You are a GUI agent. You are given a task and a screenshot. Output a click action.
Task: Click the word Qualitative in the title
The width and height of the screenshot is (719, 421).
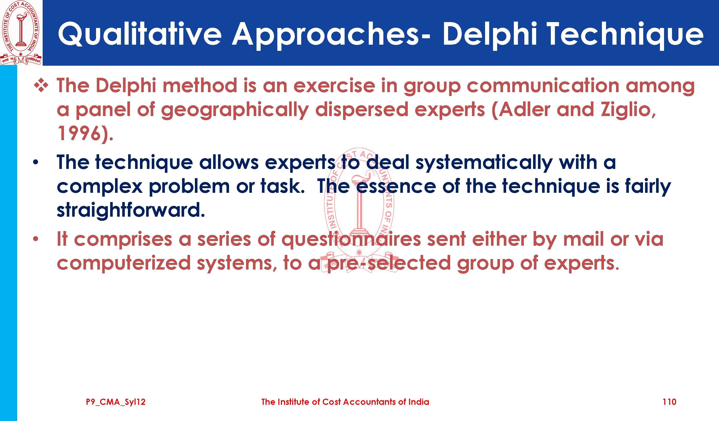click(140, 34)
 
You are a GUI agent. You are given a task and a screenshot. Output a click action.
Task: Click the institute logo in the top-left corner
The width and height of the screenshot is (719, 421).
click(21, 33)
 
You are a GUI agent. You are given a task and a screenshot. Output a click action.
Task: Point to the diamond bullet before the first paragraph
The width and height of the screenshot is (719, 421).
click(41, 85)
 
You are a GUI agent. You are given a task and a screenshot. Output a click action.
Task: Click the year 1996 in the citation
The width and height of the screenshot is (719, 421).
click(79, 133)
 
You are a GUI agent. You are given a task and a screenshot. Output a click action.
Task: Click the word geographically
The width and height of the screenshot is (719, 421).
click(235, 110)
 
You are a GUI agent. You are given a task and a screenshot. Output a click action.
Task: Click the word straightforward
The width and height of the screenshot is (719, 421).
click(131, 210)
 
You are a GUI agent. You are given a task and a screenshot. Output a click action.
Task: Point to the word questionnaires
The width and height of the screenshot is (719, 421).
click(351, 240)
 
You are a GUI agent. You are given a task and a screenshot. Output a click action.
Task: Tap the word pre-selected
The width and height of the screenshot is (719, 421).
click(389, 263)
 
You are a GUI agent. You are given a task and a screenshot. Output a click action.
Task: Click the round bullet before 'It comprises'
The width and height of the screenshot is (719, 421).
click(36, 239)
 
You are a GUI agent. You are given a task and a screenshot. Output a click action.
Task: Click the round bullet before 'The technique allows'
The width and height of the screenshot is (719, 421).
click(36, 162)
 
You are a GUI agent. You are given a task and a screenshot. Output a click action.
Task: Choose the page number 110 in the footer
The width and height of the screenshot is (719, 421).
click(669, 402)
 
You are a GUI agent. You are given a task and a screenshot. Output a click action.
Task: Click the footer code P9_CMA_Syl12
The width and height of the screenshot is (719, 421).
click(116, 402)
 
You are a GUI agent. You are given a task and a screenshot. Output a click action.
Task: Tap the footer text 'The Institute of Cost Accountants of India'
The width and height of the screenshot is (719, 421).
click(345, 402)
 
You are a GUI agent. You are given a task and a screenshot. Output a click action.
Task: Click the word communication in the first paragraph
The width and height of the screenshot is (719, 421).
click(543, 85)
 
